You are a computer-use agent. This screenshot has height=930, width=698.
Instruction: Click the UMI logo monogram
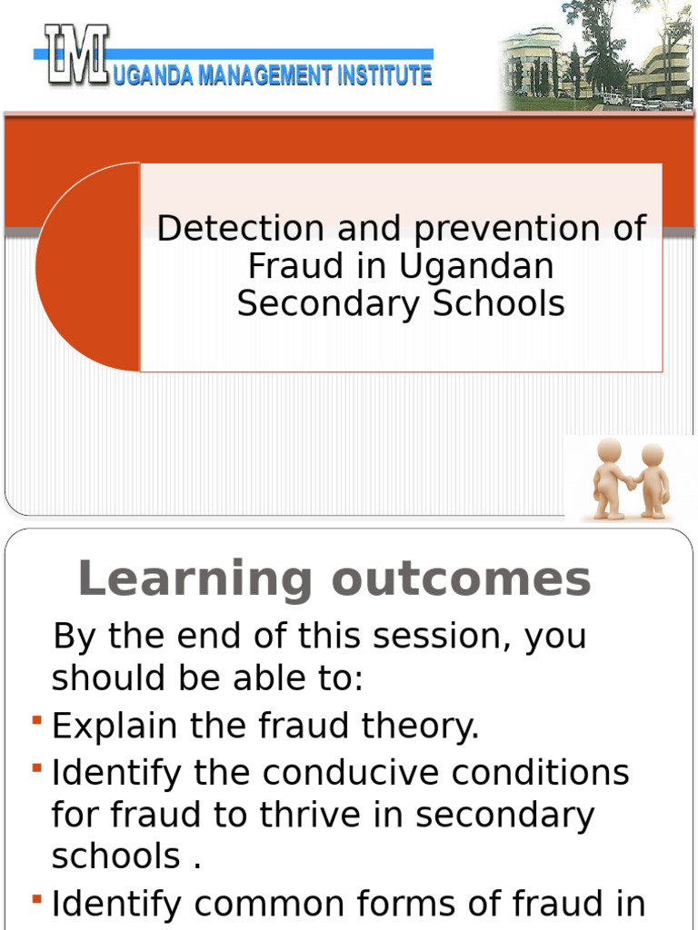78,54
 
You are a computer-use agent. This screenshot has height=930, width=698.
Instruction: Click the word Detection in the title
240,228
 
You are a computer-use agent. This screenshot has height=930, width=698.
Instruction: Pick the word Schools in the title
499,303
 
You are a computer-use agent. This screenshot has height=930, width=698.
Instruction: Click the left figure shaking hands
610,478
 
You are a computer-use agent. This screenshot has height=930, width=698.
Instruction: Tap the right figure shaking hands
651,480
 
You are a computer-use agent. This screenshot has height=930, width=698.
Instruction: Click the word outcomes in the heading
461,579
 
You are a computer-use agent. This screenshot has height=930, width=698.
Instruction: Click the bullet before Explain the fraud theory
37,720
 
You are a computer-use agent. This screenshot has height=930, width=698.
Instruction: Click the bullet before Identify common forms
37,899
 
